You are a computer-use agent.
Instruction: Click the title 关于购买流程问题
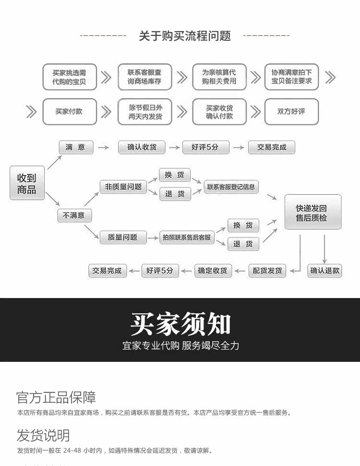tap(185, 36)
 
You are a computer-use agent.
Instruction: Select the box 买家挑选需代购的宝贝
tap(70, 77)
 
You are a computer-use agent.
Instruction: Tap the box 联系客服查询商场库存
tap(144, 77)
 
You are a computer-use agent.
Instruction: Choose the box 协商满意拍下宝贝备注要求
tap(291, 77)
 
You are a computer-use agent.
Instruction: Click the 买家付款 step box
tap(69, 112)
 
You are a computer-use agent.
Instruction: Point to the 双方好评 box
tap(291, 112)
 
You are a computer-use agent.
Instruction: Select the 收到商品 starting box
tap(27, 183)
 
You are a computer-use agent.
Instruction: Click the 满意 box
tap(75, 147)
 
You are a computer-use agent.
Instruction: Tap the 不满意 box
tap(74, 215)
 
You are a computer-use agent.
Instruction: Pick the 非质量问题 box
tap(123, 187)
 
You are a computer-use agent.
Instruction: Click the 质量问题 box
tap(123, 237)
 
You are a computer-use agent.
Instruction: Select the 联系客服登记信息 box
tap(231, 187)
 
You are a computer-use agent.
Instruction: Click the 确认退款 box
tap(325, 271)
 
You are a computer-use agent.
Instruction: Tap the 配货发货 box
tap(267, 271)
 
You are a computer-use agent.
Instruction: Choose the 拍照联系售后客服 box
tap(187, 237)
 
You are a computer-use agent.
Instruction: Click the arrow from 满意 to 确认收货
tap(104, 148)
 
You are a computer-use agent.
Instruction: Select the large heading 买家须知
tap(180, 324)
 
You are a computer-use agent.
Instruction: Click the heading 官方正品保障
tap(56, 397)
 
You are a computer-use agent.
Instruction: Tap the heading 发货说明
tap(43, 436)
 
